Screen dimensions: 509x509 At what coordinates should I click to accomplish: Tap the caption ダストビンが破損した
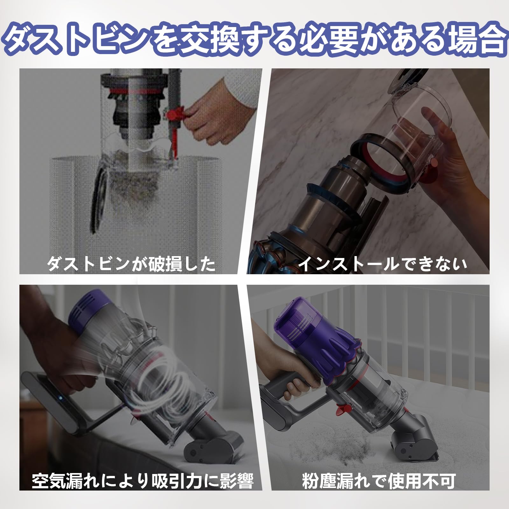pos(131,264)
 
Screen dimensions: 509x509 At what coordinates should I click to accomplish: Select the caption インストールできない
pos(383,264)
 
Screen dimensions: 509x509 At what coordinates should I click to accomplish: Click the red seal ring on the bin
pos(382,165)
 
